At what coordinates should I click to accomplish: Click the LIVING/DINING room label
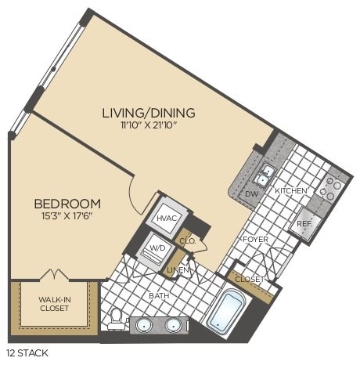pyautogui.click(x=149, y=113)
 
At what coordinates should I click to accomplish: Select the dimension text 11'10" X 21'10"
pyautogui.click(x=149, y=126)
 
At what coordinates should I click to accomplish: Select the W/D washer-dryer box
pyautogui.click(x=158, y=251)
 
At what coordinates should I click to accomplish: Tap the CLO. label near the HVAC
pyautogui.click(x=188, y=242)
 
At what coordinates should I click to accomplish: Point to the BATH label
pyautogui.click(x=160, y=297)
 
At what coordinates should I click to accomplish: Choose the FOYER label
pyautogui.click(x=255, y=239)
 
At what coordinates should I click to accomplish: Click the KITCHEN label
pyautogui.click(x=291, y=191)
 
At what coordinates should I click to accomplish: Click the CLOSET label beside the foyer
pyautogui.click(x=249, y=278)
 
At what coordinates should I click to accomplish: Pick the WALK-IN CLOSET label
pyautogui.click(x=53, y=302)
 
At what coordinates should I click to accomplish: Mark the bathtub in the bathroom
pyautogui.click(x=226, y=312)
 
